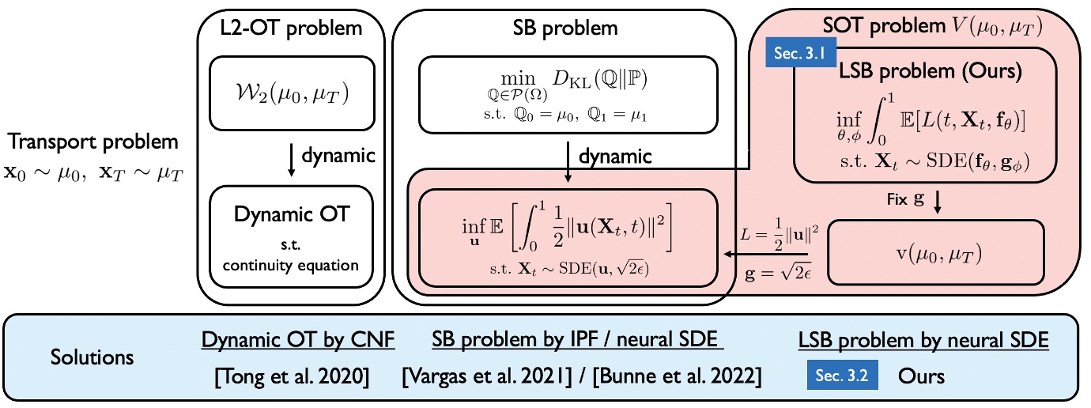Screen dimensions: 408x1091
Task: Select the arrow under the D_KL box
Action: click(567, 157)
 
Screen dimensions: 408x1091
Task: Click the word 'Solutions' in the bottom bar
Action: click(92, 357)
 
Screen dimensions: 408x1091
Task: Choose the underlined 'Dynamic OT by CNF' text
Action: click(298, 340)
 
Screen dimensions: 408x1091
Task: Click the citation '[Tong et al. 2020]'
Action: click(292, 376)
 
